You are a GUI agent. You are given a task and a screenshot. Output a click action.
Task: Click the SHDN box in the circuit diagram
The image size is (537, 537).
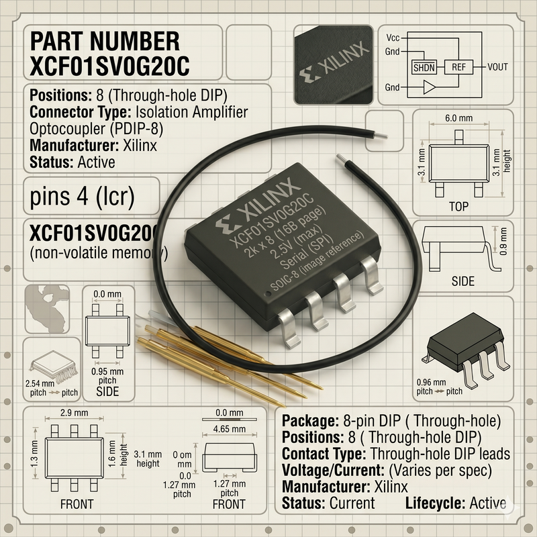pos(424,67)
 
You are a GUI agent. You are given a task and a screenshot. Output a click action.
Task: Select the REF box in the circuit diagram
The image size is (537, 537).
pos(458,67)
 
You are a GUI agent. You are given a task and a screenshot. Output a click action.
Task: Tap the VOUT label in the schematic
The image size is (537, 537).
pos(497,67)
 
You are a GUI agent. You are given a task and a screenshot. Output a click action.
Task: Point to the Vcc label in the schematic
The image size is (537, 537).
pos(393,38)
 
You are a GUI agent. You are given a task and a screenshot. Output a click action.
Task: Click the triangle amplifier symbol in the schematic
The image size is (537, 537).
pos(429,87)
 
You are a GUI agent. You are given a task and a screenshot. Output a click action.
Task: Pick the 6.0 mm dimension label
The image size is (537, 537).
pos(459,118)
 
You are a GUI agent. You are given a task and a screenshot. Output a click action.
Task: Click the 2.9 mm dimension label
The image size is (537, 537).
pos(75,413)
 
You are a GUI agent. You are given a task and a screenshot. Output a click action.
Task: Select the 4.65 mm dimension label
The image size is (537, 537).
pos(230,429)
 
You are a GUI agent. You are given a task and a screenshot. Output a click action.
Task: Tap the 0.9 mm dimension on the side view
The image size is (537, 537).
pos(503,242)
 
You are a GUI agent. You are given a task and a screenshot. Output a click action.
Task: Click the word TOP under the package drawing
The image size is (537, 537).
pos(458,207)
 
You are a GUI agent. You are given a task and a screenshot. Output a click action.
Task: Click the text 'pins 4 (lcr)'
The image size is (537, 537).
pos(82,197)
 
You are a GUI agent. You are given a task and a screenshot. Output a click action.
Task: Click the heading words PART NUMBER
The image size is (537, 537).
pos(105,42)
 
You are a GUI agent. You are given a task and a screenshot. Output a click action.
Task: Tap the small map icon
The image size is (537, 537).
pos(47,309)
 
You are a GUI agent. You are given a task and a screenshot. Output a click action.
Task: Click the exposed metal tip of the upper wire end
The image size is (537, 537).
pos(380,136)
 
